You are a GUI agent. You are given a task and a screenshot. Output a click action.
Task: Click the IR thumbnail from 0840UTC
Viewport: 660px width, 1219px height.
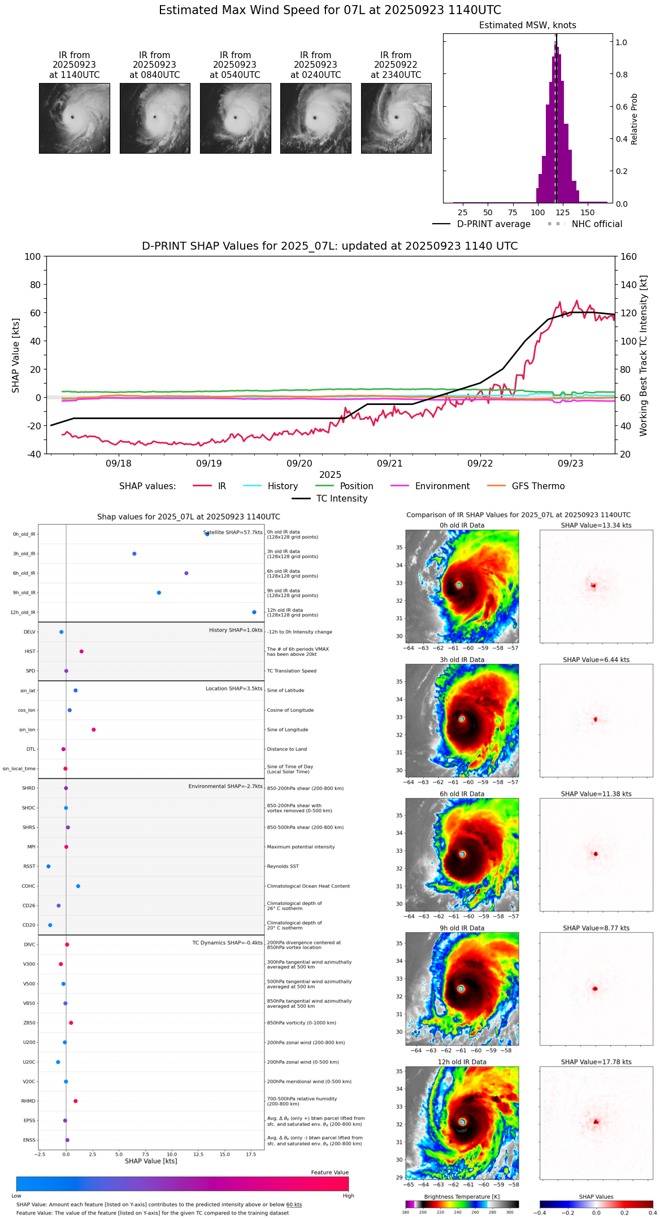155,118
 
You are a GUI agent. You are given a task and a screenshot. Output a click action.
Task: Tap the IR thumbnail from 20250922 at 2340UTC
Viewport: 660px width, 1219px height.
396,118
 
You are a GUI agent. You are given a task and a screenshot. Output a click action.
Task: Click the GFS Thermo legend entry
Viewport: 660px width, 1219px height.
538,486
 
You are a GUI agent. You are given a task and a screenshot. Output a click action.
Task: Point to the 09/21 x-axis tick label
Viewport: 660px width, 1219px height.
389,464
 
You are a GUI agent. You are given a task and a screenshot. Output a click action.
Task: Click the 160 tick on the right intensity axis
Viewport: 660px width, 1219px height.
628,257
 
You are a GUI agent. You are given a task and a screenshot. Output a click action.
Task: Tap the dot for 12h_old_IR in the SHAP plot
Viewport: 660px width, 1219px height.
254,612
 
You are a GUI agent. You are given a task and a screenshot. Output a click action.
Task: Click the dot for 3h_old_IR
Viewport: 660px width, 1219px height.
134,554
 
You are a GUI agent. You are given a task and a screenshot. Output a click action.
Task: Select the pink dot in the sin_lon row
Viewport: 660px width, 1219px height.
94,730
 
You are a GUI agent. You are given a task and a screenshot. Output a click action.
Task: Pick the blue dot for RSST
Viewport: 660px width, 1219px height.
49,867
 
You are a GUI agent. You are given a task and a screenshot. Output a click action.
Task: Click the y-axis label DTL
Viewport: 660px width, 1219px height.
31,750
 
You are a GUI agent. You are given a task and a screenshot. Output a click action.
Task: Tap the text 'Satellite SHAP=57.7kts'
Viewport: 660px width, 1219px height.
233,533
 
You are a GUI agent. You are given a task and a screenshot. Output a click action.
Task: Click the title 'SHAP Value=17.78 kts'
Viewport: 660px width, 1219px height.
596,1062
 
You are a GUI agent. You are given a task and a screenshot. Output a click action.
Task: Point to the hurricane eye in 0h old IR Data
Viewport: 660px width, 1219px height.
459,585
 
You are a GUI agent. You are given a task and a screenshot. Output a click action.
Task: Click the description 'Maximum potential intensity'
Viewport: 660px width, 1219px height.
301,847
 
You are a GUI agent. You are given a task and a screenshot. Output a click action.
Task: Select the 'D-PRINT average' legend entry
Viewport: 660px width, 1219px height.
493,224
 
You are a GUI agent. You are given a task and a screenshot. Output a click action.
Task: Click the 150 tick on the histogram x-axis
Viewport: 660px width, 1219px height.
588,213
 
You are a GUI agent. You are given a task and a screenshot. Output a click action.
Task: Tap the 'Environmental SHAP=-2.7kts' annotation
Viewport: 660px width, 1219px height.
225,786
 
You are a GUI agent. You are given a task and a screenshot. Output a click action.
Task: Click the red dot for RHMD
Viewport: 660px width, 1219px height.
76,1101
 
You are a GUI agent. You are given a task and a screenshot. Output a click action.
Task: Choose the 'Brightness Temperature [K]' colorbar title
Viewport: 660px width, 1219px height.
462,1196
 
